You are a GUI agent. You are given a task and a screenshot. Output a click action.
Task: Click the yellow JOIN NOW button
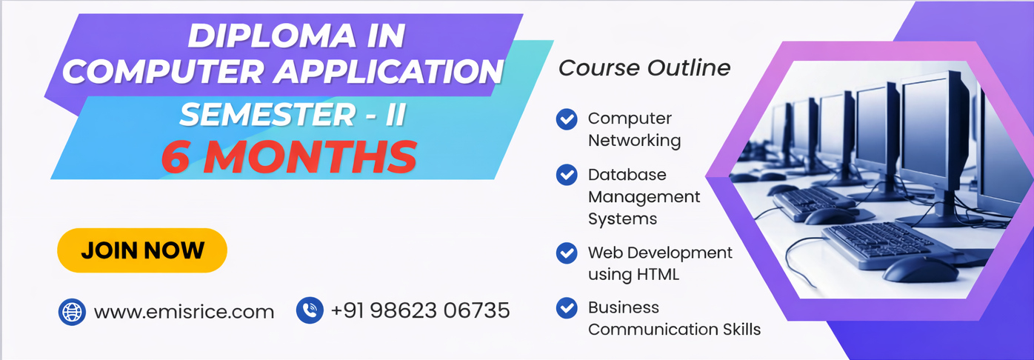point(142,250)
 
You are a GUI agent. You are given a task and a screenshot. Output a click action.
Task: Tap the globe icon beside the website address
point(72,312)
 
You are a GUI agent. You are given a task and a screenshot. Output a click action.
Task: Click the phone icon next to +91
point(310,310)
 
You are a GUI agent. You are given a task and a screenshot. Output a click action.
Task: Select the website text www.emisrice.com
point(184,312)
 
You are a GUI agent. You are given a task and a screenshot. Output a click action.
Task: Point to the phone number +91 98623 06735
point(420,310)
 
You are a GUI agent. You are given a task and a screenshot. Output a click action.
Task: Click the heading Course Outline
point(644,68)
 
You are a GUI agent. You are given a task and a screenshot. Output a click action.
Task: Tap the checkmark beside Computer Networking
point(567,119)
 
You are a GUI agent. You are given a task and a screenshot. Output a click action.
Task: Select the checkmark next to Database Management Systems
point(567,175)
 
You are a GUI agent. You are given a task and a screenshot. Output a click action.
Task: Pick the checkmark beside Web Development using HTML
point(567,253)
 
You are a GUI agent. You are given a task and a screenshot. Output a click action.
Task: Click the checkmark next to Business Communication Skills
point(567,307)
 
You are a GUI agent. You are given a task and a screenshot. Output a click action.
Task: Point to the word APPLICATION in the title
point(389,72)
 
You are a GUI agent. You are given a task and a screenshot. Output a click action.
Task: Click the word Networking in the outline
point(634,140)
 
